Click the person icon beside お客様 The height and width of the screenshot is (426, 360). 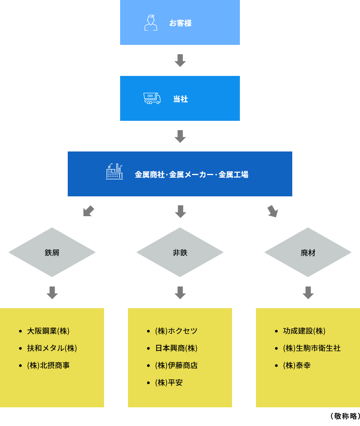[x=150, y=23]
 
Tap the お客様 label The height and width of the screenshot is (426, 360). [x=180, y=23]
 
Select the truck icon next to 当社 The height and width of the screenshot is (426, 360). [x=152, y=98]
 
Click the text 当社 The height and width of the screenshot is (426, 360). [x=180, y=99]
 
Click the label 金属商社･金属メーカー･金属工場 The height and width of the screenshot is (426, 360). [x=191, y=175]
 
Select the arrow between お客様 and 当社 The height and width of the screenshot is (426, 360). [x=180, y=61]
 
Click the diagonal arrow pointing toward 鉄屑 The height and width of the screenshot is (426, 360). [x=88, y=211]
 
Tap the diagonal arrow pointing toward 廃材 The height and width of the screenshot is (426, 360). [x=272, y=211]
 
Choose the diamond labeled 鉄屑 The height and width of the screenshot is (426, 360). [x=52, y=252]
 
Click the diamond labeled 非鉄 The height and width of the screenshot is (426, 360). [x=180, y=252]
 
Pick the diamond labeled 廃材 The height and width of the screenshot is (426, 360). [x=308, y=252]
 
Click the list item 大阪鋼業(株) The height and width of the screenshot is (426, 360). [x=48, y=331]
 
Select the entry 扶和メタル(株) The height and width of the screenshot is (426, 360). [x=52, y=348]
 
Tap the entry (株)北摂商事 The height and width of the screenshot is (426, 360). [x=48, y=365]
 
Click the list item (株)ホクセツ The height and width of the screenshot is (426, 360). [x=176, y=331]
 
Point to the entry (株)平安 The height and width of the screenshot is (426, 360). [x=169, y=383]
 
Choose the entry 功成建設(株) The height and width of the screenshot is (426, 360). [x=304, y=331]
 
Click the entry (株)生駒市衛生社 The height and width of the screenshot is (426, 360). [x=312, y=348]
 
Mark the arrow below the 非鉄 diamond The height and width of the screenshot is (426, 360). [x=180, y=293]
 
